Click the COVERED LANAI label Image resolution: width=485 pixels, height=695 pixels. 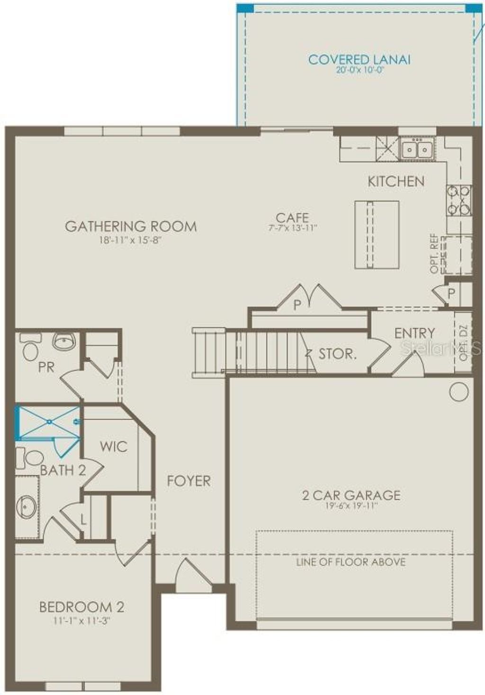[359, 60]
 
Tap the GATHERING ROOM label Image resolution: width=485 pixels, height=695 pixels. [131, 226]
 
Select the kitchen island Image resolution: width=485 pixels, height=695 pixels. [377, 235]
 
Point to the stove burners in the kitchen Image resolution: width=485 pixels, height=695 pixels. [459, 200]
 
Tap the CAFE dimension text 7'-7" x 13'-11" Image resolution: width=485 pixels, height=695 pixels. [292, 228]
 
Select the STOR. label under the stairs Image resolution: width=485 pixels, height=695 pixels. [337, 354]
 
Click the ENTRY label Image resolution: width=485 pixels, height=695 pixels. [414, 333]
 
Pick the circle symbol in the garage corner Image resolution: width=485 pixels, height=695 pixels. [458, 392]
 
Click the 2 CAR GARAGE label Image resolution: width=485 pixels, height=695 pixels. [351, 495]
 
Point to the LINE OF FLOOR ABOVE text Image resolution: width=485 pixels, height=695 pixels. [351, 562]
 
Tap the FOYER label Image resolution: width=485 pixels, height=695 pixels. [189, 481]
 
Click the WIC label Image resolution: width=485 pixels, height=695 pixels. [114, 446]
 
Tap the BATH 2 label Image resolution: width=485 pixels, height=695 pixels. [63, 470]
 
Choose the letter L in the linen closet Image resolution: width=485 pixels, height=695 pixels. [83, 520]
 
